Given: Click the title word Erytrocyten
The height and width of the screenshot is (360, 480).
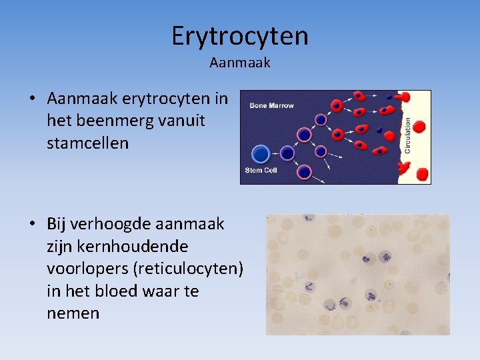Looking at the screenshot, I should click(x=239, y=36).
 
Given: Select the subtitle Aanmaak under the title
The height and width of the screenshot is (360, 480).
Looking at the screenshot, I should click(x=239, y=63).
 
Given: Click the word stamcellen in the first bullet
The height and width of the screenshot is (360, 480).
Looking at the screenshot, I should click(x=87, y=143).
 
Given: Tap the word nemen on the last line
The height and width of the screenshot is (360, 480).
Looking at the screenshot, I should click(x=73, y=313).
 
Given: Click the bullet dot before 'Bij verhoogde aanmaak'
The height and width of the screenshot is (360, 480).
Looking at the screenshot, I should click(x=33, y=224).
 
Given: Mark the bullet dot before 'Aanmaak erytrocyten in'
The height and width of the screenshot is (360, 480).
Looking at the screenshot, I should click(x=33, y=99).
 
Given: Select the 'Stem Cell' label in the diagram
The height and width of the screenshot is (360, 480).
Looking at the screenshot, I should click(x=261, y=171).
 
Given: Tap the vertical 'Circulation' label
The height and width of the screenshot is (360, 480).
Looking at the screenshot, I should click(x=407, y=136).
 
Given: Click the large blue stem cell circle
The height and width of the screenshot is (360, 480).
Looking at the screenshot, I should click(x=261, y=154).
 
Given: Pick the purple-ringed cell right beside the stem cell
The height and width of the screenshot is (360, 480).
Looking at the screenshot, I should click(x=287, y=153).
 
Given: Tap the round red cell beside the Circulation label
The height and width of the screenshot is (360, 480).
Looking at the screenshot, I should click(x=420, y=127).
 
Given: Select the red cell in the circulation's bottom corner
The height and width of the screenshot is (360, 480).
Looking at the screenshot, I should click(x=421, y=175).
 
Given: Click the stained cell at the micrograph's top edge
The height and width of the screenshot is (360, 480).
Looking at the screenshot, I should click(x=309, y=218).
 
